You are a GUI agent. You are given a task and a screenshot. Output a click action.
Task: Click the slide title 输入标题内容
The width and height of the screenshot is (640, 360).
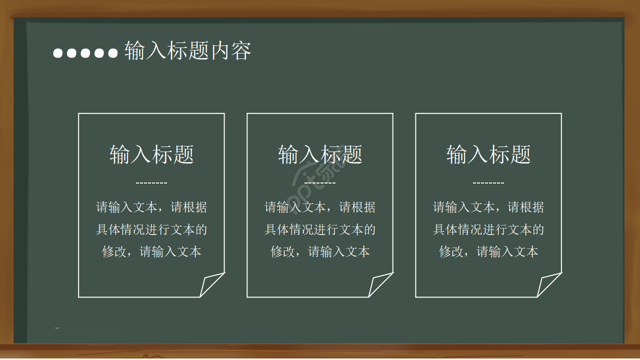[187, 51]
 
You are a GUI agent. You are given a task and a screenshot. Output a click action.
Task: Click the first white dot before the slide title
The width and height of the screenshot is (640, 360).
[58, 52]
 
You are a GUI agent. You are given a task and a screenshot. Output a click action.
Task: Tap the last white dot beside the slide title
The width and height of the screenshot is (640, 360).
[112, 52]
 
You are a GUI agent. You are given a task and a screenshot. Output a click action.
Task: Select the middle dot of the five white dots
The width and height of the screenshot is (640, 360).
[85, 52]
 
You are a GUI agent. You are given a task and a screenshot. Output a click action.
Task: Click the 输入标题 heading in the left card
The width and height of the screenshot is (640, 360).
[151, 154]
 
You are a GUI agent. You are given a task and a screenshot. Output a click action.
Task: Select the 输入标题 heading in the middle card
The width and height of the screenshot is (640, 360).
[320, 154]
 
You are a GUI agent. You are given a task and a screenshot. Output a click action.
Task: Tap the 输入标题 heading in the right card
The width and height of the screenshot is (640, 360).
[488, 154]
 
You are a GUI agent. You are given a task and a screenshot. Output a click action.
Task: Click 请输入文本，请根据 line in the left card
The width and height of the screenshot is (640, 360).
[151, 207]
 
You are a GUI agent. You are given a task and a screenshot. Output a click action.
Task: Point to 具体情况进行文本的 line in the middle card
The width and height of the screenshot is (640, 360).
[320, 229]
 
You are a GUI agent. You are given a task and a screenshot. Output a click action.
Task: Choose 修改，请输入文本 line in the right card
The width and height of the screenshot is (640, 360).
[488, 251]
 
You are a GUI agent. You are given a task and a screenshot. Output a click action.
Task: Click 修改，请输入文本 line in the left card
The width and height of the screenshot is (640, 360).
[151, 251]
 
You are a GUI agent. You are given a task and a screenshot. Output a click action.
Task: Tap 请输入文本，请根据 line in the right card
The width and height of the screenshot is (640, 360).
[488, 207]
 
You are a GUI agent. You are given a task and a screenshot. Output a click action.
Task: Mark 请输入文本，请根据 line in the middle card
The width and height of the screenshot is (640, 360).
[320, 207]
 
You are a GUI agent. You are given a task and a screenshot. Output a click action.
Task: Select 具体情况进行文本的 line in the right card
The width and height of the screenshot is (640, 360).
[488, 229]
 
